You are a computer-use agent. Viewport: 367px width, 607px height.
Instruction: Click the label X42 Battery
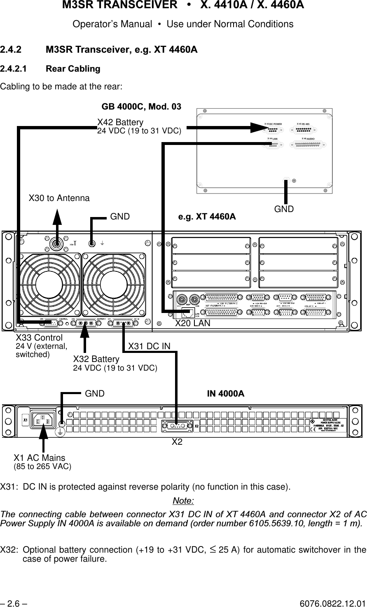pos(120,122)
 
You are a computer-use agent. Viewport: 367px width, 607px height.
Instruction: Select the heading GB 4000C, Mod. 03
pos(141,107)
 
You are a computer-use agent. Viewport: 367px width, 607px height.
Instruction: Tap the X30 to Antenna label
pos(58,198)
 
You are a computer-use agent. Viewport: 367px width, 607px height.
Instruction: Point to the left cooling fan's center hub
pos(48,285)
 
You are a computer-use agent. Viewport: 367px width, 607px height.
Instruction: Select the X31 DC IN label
pos(149,347)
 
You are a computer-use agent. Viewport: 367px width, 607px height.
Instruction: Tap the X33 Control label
pos(39,338)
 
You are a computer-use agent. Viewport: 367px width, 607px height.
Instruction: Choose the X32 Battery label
pos(96,359)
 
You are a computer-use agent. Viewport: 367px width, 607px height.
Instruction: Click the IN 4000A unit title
pos(225,394)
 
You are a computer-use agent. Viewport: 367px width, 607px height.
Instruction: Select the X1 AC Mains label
pos(39,458)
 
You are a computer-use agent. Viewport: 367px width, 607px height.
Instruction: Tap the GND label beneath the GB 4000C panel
pos(284,209)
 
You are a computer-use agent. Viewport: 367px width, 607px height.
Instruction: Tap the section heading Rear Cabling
pos(73,68)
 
